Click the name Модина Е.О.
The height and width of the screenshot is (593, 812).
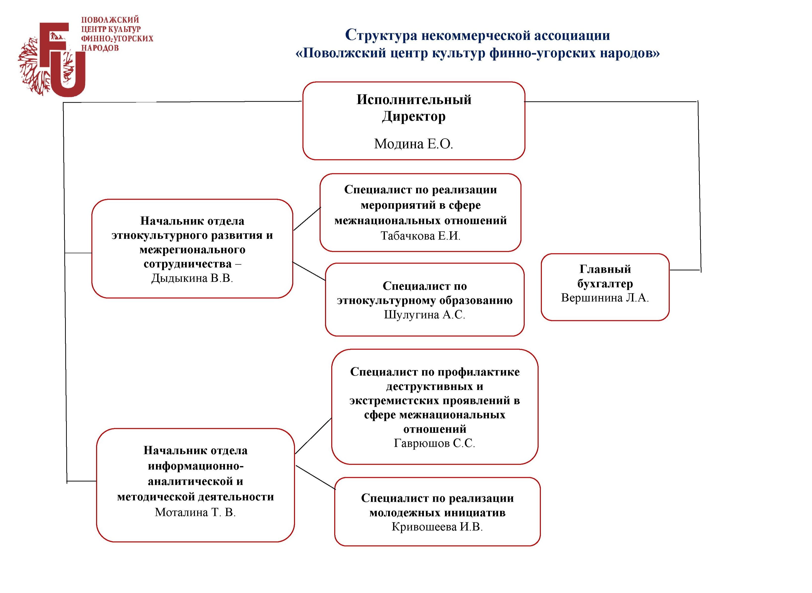click(x=413, y=144)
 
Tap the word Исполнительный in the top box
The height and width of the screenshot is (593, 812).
click(x=414, y=99)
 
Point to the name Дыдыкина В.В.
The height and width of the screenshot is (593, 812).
click(x=192, y=278)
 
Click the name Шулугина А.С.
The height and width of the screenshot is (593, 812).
click(x=424, y=315)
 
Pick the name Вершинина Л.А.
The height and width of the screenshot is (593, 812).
click(x=605, y=298)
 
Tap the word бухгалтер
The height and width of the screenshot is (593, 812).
click(x=605, y=284)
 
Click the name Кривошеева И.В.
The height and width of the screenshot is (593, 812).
click(x=437, y=527)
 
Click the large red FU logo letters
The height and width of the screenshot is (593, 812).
click(x=63, y=59)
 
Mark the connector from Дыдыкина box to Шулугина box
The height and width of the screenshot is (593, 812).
click(x=309, y=271)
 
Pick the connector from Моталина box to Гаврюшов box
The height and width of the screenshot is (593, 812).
click(x=313, y=436)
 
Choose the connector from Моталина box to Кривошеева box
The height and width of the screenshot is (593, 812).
click(x=315, y=477)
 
